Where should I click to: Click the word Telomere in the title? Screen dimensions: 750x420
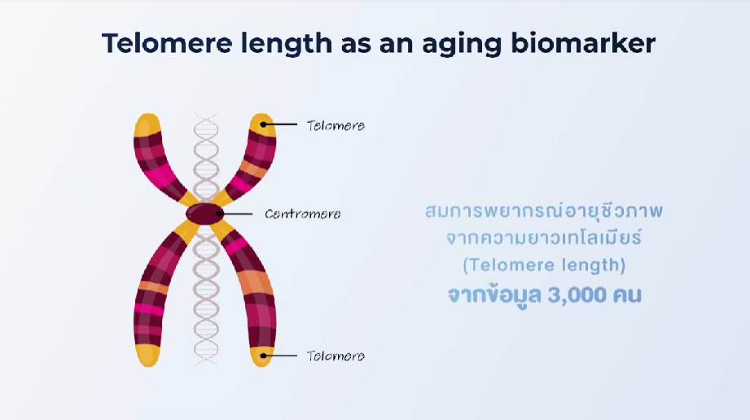click(167, 43)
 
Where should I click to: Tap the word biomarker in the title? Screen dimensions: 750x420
click(583, 43)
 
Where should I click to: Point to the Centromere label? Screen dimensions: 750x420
click(303, 214)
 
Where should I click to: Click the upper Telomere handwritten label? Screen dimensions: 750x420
click(336, 125)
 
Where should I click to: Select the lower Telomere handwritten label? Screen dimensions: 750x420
click(336, 356)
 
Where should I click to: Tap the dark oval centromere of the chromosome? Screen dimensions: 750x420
click(204, 213)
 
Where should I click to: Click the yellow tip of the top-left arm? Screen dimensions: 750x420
click(147, 125)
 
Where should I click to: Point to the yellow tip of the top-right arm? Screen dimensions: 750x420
click(263, 125)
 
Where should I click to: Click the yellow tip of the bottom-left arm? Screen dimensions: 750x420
click(147, 355)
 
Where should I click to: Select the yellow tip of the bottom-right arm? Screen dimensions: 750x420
click(262, 357)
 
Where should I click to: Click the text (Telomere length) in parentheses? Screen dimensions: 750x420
click(544, 265)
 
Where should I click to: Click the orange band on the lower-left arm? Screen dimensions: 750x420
click(153, 287)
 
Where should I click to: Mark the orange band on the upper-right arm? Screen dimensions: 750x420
click(254, 168)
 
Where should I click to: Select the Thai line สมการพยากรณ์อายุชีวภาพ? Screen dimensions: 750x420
click(544, 211)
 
